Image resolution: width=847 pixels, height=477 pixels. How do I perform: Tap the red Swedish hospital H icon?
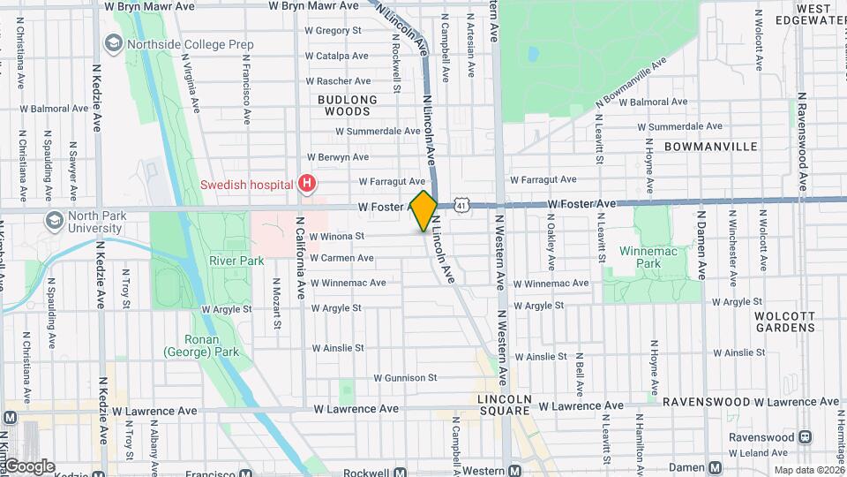(307, 185)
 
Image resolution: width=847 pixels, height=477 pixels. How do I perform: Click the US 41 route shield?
(461, 205)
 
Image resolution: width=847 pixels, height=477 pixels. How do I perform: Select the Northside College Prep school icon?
(113, 43)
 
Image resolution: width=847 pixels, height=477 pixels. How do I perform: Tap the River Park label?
(230, 261)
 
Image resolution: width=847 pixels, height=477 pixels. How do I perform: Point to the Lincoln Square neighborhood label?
(505, 405)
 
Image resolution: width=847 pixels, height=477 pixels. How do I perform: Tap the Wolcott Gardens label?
(784, 321)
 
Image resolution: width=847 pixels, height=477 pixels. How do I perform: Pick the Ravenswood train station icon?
(805, 436)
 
